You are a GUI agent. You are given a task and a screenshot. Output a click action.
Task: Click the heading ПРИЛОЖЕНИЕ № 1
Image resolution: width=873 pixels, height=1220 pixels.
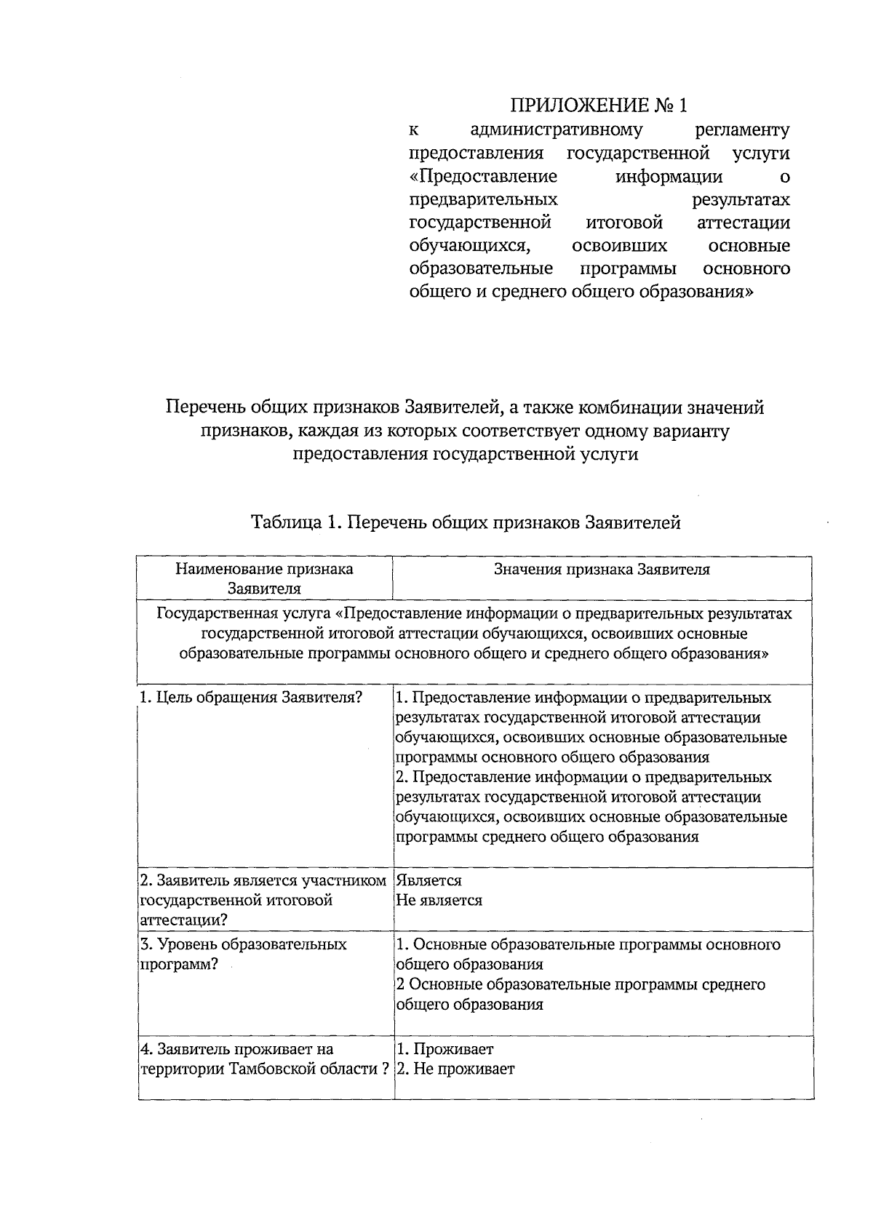click(x=598, y=105)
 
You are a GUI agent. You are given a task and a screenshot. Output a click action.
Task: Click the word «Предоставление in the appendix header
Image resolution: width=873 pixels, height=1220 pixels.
click(x=483, y=177)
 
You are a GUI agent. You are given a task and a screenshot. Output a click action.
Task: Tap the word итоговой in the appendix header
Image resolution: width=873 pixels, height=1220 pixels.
click(x=623, y=223)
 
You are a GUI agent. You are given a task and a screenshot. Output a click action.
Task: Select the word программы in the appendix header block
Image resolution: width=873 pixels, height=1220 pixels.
click(x=628, y=269)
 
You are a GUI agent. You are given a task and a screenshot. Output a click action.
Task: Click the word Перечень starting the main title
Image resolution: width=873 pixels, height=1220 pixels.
click(x=204, y=407)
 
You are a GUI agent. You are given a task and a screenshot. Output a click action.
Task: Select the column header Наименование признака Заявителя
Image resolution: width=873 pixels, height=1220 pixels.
click(x=265, y=578)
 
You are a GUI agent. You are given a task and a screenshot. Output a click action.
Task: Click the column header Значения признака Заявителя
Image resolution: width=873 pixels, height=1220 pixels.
click(x=602, y=570)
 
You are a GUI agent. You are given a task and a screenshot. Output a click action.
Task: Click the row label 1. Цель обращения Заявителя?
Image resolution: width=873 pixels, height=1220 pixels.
click(x=251, y=698)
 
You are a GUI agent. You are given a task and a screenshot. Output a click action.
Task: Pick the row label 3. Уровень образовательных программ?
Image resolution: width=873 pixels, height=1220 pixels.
click(x=243, y=954)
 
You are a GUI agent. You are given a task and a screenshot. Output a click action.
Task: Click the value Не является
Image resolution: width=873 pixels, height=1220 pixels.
click(x=439, y=901)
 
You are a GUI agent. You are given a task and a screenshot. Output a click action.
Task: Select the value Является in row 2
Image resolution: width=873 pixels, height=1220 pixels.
click(x=429, y=881)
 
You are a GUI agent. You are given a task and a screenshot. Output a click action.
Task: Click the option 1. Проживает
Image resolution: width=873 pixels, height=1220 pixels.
click(x=445, y=1049)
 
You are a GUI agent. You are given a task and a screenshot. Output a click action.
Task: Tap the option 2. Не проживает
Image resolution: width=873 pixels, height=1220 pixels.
click(x=455, y=1069)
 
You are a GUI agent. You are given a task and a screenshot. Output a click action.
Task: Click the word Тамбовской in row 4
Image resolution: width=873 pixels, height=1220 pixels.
click(x=276, y=1069)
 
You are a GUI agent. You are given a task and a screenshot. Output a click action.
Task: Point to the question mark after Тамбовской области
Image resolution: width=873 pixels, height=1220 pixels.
click(x=385, y=1069)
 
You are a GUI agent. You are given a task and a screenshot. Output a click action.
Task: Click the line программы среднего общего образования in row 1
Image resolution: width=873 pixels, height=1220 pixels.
click(x=547, y=837)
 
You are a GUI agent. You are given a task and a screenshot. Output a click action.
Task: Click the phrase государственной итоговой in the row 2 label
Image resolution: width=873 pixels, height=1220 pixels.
click(x=236, y=901)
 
